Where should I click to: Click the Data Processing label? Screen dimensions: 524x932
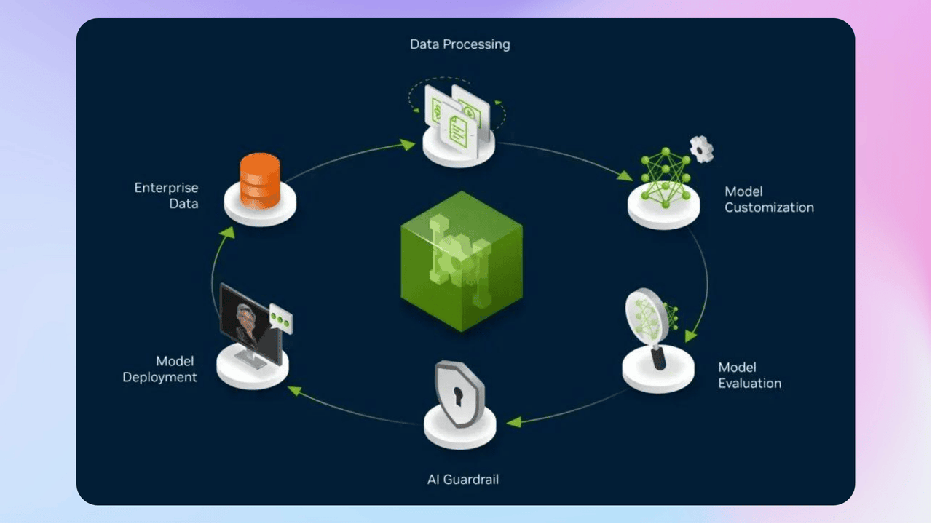(x=459, y=44)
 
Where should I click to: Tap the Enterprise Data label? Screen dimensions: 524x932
(x=166, y=196)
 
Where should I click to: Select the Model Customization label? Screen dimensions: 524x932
(x=769, y=199)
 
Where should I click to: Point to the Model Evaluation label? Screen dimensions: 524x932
(x=749, y=376)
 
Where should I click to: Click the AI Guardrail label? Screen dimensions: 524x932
(x=462, y=480)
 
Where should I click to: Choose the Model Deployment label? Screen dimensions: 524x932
(x=159, y=369)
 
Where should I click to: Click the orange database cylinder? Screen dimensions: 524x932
(x=260, y=180)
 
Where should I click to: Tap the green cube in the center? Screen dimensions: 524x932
(x=462, y=261)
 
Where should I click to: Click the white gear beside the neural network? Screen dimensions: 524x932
(x=701, y=148)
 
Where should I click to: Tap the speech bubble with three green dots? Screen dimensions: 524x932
(x=280, y=319)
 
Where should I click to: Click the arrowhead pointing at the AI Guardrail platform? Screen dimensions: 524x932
(x=513, y=422)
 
